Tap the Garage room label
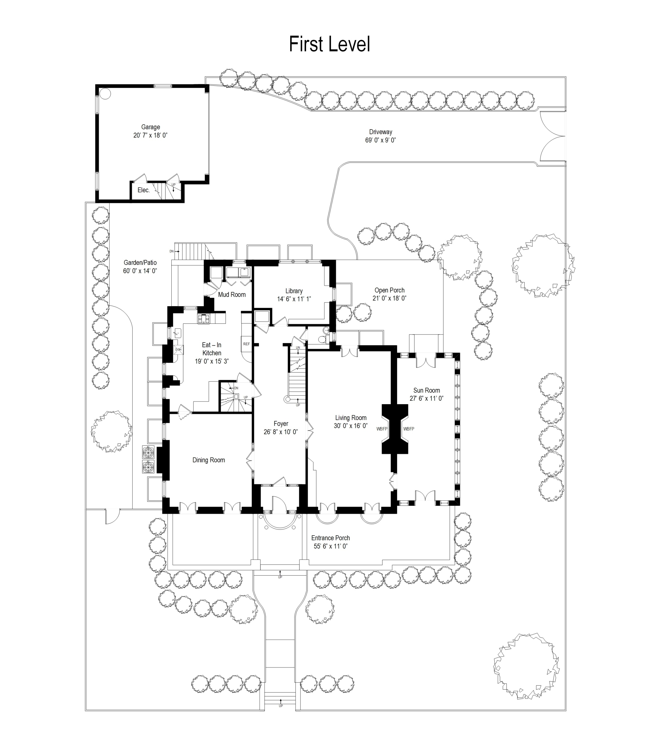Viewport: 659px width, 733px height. [150, 127]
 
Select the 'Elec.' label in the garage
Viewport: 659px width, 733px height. [143, 190]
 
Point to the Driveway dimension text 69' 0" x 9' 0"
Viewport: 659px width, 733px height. [380, 140]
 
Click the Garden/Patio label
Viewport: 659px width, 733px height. [140, 262]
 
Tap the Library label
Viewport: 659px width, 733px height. [294, 291]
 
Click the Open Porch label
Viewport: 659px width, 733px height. [389, 290]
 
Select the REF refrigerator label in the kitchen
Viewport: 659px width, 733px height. [246, 344]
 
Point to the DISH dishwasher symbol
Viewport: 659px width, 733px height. [178, 350]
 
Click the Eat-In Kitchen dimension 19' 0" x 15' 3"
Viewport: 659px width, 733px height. [212, 361]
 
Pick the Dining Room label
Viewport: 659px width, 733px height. [209, 460]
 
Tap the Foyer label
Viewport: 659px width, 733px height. [281, 423]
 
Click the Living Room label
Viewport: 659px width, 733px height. [351, 417]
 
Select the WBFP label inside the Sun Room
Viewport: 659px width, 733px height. [409, 429]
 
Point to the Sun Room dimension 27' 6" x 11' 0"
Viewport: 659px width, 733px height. [427, 398]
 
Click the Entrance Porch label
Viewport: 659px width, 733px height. [330, 538]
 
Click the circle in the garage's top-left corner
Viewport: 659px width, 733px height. [105, 93]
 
